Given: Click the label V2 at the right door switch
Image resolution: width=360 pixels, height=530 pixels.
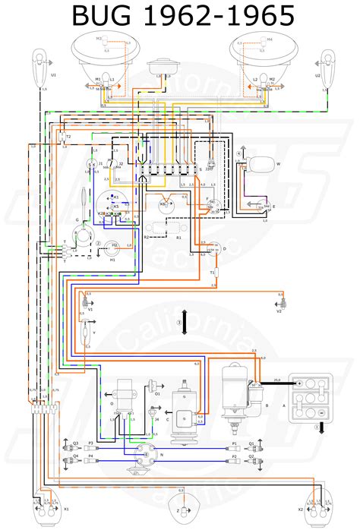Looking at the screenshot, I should [x=278, y=311].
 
